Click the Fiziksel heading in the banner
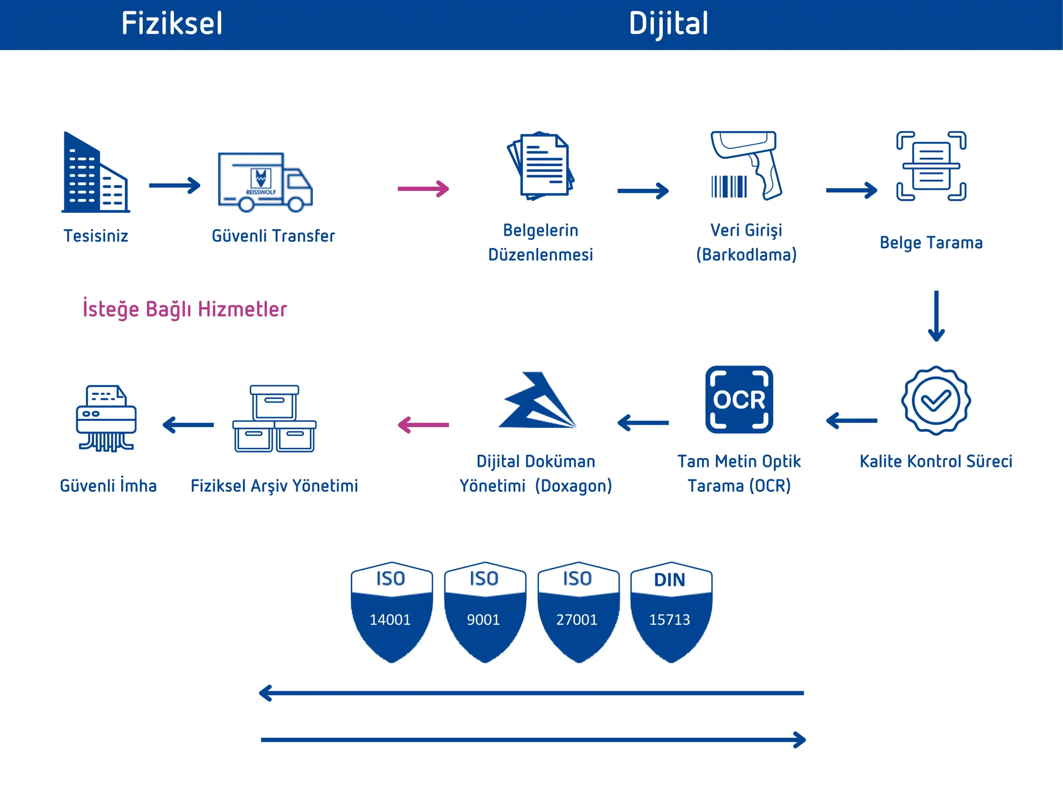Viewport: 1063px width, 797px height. click(172, 23)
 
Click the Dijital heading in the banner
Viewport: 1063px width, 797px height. click(669, 24)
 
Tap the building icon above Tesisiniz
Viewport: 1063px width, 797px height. click(96, 172)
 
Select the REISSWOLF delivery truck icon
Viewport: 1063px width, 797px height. click(265, 182)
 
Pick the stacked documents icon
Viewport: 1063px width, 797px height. click(541, 166)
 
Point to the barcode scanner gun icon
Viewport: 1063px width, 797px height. click(746, 165)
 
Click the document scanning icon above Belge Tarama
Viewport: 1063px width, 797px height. click(931, 166)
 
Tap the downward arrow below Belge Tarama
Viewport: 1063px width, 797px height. click(936, 315)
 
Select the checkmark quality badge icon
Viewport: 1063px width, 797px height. click(936, 401)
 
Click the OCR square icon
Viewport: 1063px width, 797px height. click(739, 400)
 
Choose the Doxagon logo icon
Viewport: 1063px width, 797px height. click(537, 400)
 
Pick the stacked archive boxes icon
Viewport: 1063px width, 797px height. click(274, 418)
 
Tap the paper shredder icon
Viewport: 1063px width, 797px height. click(106, 418)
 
